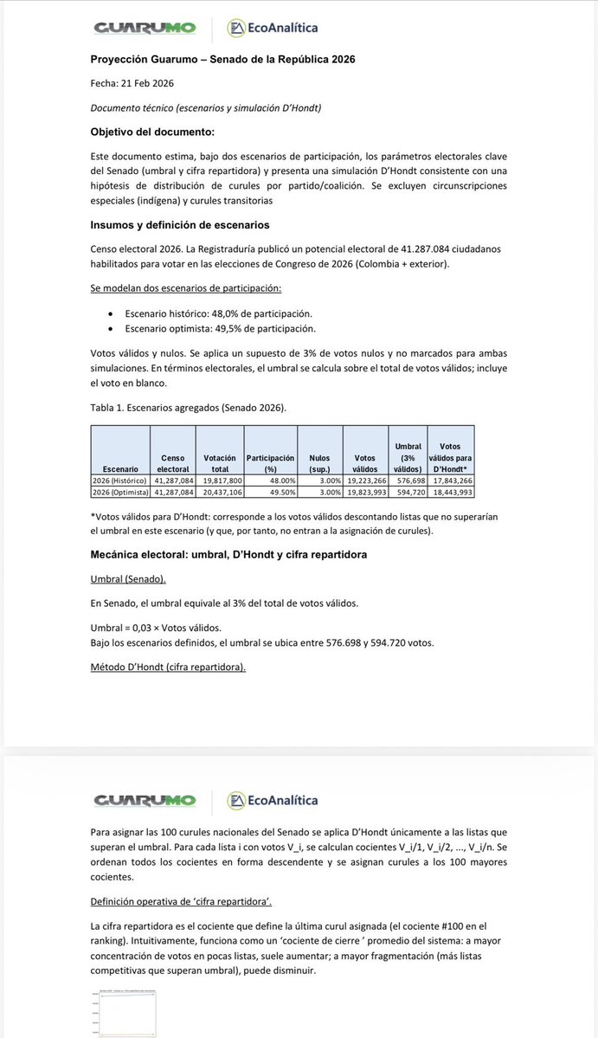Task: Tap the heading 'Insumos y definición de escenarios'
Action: (179, 225)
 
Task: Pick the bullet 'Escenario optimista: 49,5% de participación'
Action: (220, 328)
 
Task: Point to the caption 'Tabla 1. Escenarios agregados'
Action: (188, 407)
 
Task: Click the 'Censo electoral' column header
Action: (172, 462)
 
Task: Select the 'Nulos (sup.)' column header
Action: (319, 462)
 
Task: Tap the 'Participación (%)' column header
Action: (271, 462)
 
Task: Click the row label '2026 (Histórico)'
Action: (121, 480)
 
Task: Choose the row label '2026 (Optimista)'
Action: (121, 491)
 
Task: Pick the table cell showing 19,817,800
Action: (222, 480)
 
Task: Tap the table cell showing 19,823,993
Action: (364, 491)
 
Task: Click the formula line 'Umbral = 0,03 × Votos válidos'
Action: (156, 627)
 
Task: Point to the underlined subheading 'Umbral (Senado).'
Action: (128, 578)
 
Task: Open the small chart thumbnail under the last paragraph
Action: (123, 1014)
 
